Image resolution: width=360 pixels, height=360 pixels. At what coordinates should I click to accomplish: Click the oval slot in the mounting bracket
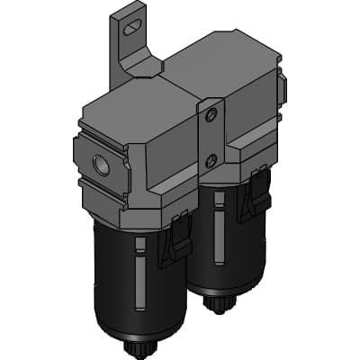[132, 27]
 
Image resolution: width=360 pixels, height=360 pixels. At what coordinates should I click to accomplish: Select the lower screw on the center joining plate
[211, 160]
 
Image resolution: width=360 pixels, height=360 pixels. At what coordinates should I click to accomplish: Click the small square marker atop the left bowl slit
[138, 242]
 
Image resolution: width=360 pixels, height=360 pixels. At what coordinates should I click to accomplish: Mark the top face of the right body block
[229, 58]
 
